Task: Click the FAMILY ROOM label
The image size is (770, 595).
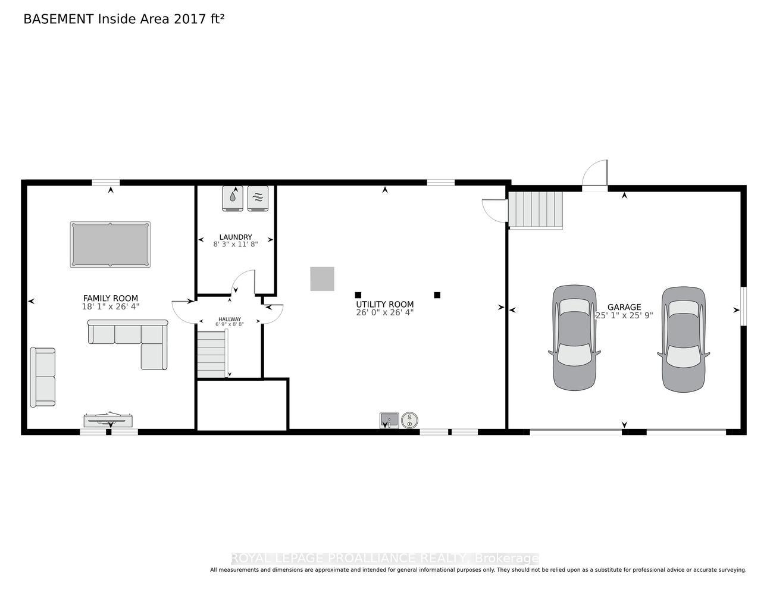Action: [111, 298]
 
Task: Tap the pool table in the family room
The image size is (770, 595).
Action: [110, 245]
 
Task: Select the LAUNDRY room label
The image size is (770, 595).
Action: [236, 237]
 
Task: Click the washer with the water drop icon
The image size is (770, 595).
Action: [233, 198]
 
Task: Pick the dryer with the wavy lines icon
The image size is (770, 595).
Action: [258, 198]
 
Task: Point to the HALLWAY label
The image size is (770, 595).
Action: [230, 319]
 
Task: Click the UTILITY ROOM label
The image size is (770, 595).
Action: [385, 304]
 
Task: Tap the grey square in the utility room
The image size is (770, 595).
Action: [322, 278]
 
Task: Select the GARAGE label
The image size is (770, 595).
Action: [624, 307]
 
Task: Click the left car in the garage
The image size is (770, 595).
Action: [574, 338]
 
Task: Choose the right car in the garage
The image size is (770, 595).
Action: [684, 339]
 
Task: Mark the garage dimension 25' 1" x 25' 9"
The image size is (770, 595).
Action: [624, 315]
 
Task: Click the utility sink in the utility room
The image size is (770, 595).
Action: [389, 420]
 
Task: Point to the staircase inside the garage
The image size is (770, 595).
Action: [536, 209]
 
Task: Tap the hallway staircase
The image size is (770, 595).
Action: [212, 354]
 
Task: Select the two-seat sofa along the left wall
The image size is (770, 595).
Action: [43, 377]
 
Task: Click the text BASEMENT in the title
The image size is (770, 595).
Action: [58, 19]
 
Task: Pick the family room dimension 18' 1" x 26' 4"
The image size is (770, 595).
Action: [111, 306]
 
